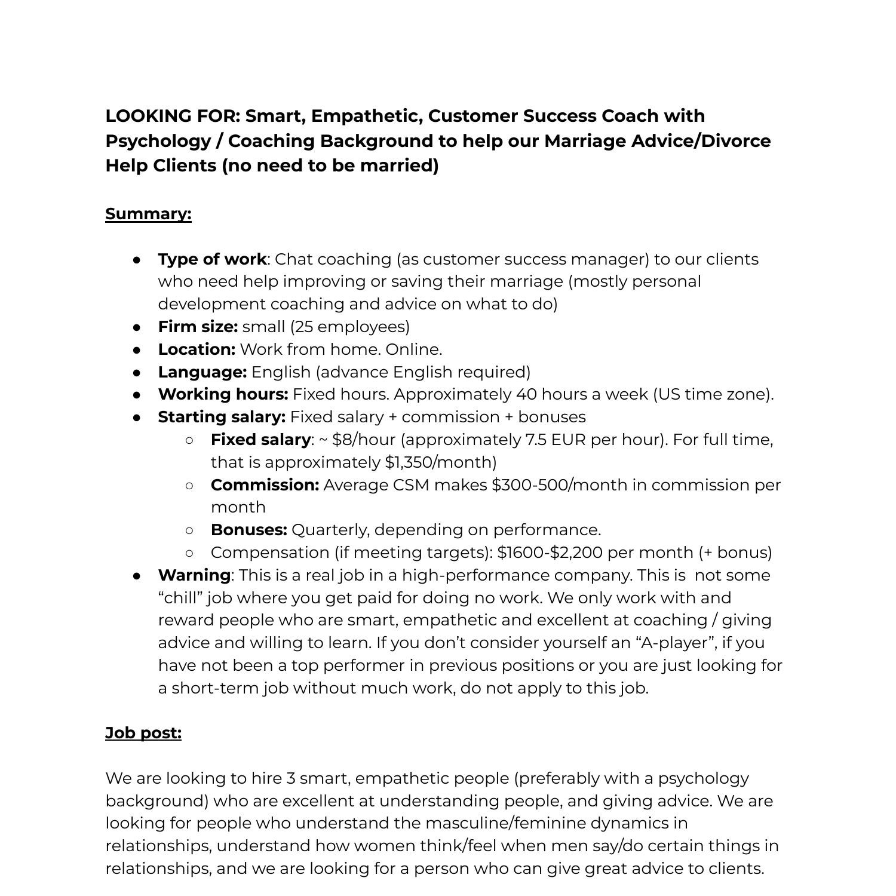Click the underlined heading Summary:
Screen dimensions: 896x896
pos(148,214)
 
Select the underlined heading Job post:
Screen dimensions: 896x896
pos(143,733)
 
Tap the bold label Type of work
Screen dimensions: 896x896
pos(212,259)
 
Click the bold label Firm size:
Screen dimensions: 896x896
pos(198,327)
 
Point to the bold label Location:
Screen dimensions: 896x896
pos(197,349)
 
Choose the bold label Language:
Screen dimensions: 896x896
pos(202,372)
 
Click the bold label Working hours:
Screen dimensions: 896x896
pos(223,394)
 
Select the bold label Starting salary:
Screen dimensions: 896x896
pos(222,417)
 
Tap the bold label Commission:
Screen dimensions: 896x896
pos(265,485)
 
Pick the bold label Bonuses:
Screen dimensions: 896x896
pos(248,530)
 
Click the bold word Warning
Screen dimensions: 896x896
pos(194,575)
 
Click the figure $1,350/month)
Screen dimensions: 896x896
pos(441,462)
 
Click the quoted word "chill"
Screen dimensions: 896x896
pos(180,598)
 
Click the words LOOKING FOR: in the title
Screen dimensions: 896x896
pos(173,116)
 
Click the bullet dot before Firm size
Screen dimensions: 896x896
pos(137,327)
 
